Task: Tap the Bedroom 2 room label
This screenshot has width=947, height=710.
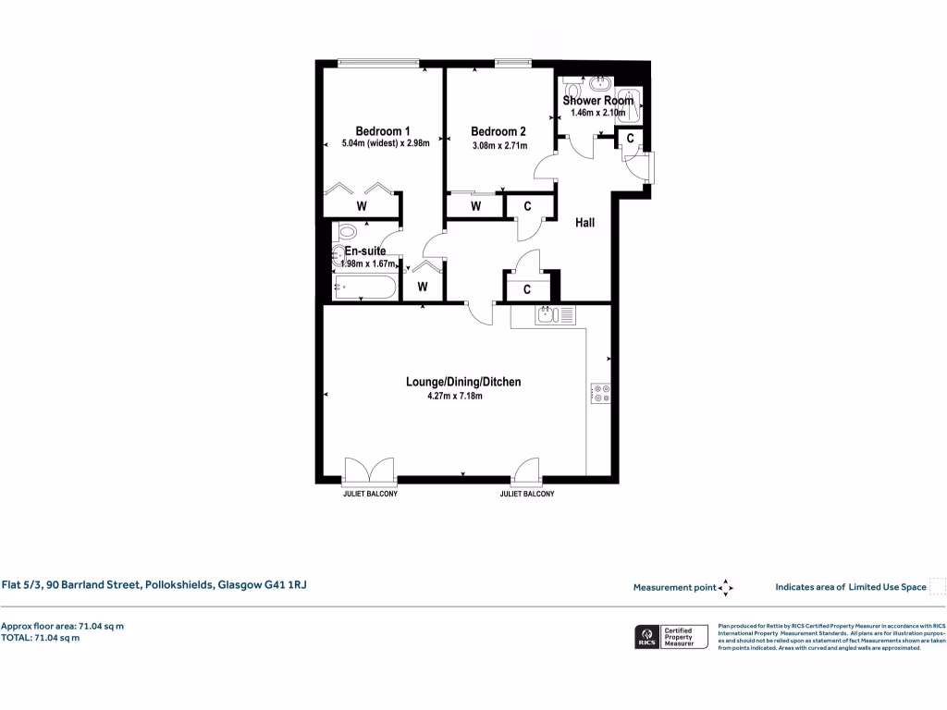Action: pos(498,131)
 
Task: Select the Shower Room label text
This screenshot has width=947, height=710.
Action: pos(598,101)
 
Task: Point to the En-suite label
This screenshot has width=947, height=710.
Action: pos(364,251)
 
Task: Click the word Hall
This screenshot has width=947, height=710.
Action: pos(584,223)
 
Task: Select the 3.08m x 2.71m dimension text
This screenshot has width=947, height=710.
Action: pos(499,145)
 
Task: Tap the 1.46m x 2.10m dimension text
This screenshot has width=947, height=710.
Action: pos(598,113)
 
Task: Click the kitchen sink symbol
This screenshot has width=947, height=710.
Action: pos(555,316)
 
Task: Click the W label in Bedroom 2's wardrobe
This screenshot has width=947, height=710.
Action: pos(475,206)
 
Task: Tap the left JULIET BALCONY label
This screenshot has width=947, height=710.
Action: pos(369,495)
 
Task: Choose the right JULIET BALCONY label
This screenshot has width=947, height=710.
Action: pos(527,495)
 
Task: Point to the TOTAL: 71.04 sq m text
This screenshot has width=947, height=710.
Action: pos(40,638)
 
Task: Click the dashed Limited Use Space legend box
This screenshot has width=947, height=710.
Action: pos(938,587)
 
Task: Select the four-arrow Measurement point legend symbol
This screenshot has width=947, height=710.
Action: pos(726,587)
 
